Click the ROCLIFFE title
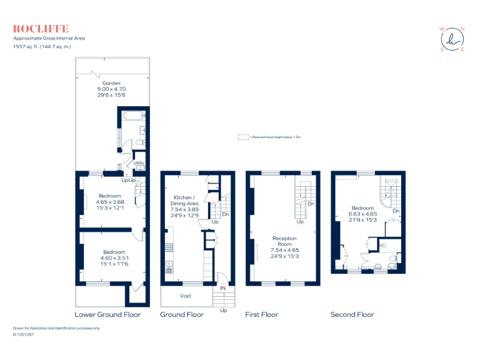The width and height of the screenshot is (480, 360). pyautogui.click(x=41, y=29)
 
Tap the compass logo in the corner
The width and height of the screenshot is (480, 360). pyautogui.click(x=452, y=39)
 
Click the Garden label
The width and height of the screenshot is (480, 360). pyautogui.click(x=111, y=83)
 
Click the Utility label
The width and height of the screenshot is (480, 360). pyautogui.click(x=139, y=163)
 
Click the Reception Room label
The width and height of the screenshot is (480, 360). pyautogui.click(x=284, y=242)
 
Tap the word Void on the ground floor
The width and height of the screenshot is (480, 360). pyautogui.click(x=186, y=296)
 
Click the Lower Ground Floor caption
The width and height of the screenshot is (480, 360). pyautogui.click(x=107, y=314)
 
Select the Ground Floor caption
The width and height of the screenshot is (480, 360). pyautogui.click(x=182, y=314)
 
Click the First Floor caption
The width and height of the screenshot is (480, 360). pyautogui.click(x=261, y=314)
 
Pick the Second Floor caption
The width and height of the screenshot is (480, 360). pyautogui.click(x=352, y=314)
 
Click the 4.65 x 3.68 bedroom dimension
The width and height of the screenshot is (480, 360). pyautogui.click(x=110, y=202)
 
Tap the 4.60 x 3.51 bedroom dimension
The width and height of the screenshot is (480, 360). pyautogui.click(x=110, y=258)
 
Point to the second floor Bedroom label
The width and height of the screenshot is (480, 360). pyautogui.click(x=362, y=208)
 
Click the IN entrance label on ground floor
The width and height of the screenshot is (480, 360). pyautogui.click(x=222, y=288)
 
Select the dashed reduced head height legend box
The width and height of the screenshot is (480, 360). pyautogui.click(x=242, y=136)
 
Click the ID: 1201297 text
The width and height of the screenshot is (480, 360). pyautogui.click(x=23, y=334)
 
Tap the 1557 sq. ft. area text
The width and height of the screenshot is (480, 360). pyautogui.click(x=26, y=46)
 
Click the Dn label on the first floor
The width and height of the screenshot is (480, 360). pyautogui.click(x=311, y=204)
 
